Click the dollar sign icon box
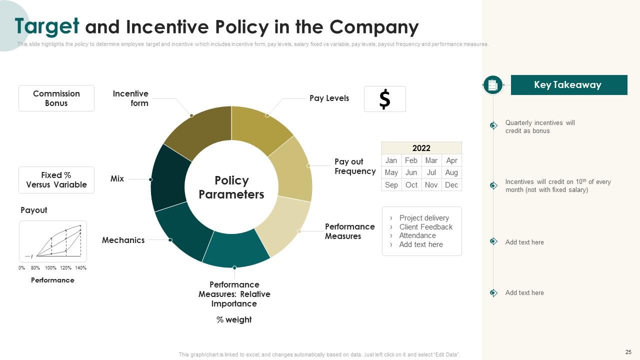click(x=384, y=99)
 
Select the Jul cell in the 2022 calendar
click(x=431, y=172)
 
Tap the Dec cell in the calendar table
click(x=451, y=184)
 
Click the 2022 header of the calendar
click(x=421, y=148)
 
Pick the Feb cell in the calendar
click(x=411, y=160)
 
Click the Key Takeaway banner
click(x=568, y=85)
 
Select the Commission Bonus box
click(x=56, y=98)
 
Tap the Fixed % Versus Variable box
click(x=56, y=180)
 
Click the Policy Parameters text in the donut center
click(x=231, y=187)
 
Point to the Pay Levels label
click(x=329, y=98)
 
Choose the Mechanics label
click(x=123, y=240)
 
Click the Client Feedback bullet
click(x=425, y=227)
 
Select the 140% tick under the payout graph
click(x=81, y=268)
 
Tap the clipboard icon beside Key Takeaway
click(x=492, y=85)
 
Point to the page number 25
click(x=628, y=352)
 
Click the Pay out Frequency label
click(x=355, y=166)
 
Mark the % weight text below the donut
click(x=234, y=319)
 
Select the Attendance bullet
click(x=417, y=235)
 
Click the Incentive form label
click(x=131, y=98)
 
